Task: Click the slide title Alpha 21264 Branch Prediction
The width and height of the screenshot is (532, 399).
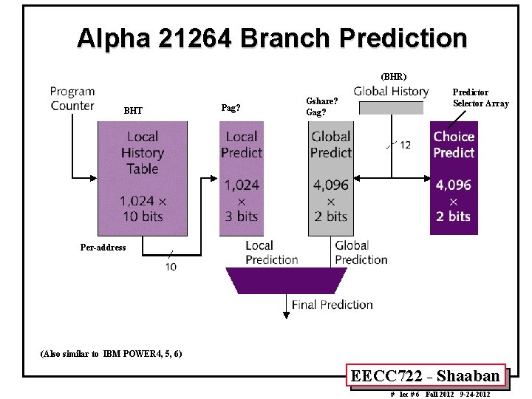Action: (271, 38)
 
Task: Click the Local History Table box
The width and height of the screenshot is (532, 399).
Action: (143, 177)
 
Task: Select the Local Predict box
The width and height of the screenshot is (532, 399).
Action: (241, 177)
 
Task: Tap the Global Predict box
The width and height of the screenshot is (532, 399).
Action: (330, 177)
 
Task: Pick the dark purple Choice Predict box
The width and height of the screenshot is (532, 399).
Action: (454, 177)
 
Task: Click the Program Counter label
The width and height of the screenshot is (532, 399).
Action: (72, 98)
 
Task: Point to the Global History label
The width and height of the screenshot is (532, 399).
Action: (391, 92)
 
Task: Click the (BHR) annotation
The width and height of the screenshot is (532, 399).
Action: (393, 76)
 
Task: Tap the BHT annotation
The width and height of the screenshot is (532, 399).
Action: (133, 111)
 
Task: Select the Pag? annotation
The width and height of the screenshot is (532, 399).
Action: (231, 108)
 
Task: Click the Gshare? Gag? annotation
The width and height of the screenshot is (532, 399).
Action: (322, 106)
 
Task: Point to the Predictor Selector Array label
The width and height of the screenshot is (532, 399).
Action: (480, 98)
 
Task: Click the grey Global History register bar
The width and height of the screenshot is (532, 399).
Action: (392, 108)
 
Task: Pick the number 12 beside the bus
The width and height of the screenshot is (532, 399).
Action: (405, 145)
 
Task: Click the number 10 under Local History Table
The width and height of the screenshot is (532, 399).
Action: (171, 267)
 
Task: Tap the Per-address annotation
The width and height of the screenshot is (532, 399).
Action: (103, 248)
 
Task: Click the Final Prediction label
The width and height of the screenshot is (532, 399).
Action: (332, 304)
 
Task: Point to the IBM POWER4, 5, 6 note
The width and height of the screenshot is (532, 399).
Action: (111, 353)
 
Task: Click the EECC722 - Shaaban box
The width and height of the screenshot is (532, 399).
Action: (425, 376)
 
